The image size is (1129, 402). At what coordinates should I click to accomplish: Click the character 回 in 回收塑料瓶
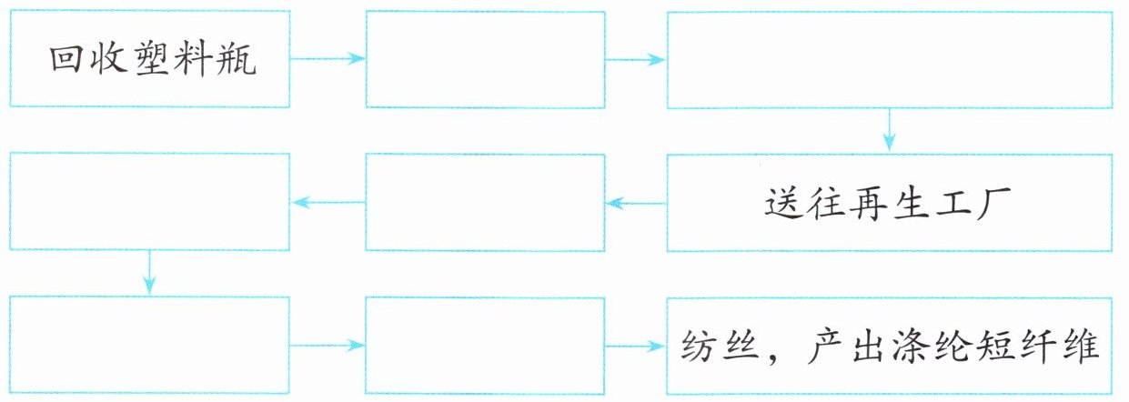click(x=66, y=60)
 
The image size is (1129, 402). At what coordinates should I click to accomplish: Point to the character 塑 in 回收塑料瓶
click(x=153, y=60)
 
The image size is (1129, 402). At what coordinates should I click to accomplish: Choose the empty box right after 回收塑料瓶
click(x=485, y=59)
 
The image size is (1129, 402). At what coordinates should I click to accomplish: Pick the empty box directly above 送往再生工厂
click(x=889, y=59)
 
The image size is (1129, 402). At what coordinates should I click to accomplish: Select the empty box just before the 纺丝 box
click(x=485, y=346)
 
